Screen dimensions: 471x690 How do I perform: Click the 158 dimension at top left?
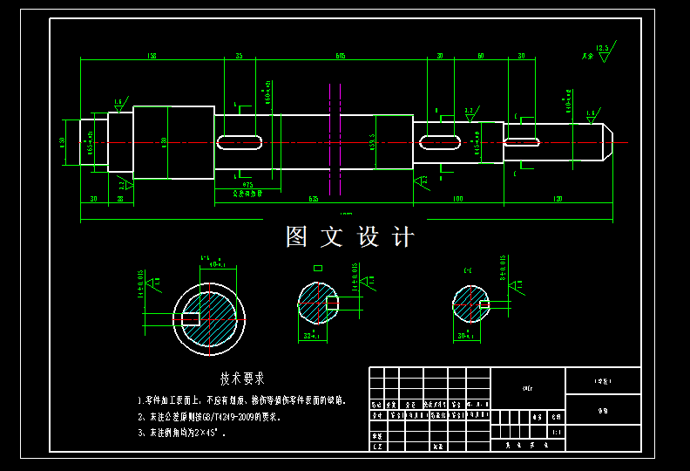click(x=152, y=56)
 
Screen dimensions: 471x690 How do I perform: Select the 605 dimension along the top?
click(x=340, y=56)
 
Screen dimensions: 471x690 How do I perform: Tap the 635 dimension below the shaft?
click(x=314, y=200)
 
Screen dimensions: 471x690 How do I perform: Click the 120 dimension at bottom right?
click(x=558, y=200)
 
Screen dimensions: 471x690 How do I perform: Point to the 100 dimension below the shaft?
click(x=457, y=200)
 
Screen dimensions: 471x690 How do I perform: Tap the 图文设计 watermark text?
click(x=350, y=236)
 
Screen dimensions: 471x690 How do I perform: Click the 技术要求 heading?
click(x=242, y=379)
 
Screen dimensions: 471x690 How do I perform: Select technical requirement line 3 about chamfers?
click(x=187, y=432)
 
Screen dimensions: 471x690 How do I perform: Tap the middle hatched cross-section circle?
click(x=317, y=303)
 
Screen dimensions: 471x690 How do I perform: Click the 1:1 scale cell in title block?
click(x=557, y=432)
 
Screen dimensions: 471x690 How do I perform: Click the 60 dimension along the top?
click(x=480, y=56)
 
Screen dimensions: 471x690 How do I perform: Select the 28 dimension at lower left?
click(x=120, y=200)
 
